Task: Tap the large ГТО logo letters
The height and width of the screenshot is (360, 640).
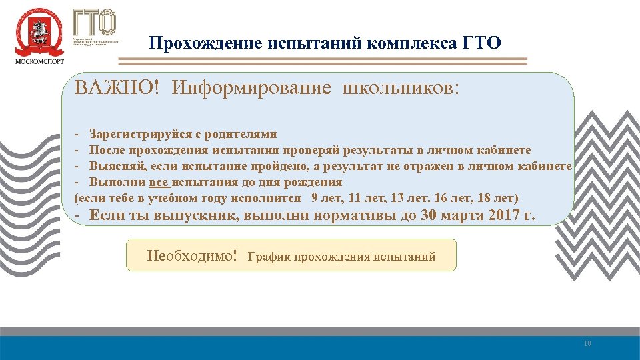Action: click(94, 23)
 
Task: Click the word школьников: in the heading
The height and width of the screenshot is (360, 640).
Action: click(400, 89)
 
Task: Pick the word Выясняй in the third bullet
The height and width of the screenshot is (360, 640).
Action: click(119, 166)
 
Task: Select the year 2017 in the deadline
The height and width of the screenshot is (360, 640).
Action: click(505, 215)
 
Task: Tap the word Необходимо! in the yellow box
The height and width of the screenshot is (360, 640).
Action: click(192, 255)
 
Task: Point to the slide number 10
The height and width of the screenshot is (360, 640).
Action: click(587, 344)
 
